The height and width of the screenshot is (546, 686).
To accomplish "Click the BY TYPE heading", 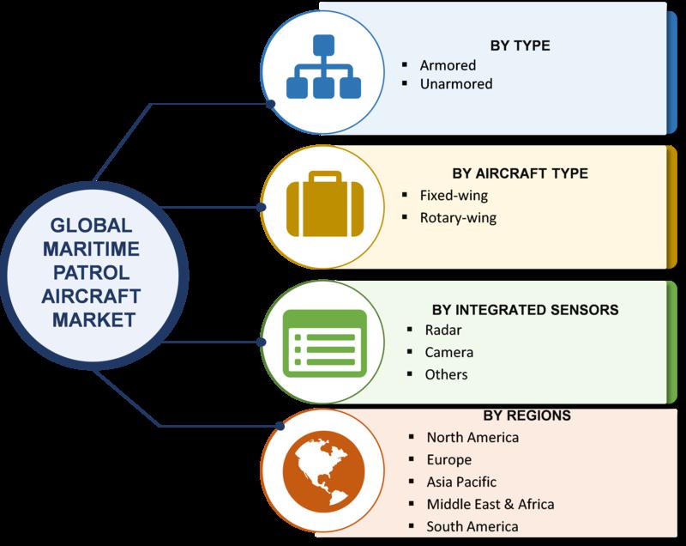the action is click(x=520, y=45).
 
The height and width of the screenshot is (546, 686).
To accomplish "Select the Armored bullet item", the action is click(x=448, y=65).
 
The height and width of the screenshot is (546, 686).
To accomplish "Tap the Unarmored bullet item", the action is click(x=456, y=83).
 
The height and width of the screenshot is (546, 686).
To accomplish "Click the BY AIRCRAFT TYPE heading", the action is click(x=520, y=173).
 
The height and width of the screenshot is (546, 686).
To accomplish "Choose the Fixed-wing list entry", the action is click(x=454, y=195).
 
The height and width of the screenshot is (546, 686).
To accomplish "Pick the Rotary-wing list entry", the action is click(x=458, y=217).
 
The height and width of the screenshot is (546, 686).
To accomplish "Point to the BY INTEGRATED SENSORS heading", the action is click(x=525, y=310).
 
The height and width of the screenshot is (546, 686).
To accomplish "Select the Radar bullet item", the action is click(x=443, y=330).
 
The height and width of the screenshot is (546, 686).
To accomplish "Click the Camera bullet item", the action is click(x=448, y=352).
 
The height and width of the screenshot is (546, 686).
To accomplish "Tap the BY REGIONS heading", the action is click(x=527, y=416).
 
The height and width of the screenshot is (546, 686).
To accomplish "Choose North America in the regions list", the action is click(x=472, y=437).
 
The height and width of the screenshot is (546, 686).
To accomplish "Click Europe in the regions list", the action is click(x=448, y=460).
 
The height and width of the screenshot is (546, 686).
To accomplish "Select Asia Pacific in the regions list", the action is click(x=461, y=482).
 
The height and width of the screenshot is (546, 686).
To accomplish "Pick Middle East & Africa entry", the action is click(x=490, y=504).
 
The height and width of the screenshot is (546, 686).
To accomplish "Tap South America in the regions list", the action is click(x=472, y=526).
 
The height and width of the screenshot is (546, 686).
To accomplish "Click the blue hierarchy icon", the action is click(x=324, y=67).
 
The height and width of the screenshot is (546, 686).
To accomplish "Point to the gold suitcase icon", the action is click(x=325, y=203).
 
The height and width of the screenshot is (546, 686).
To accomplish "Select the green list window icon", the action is click(x=325, y=343).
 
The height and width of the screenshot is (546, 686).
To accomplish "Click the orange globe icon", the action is click(x=324, y=471).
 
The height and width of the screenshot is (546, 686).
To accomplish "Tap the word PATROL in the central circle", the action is click(x=92, y=273).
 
